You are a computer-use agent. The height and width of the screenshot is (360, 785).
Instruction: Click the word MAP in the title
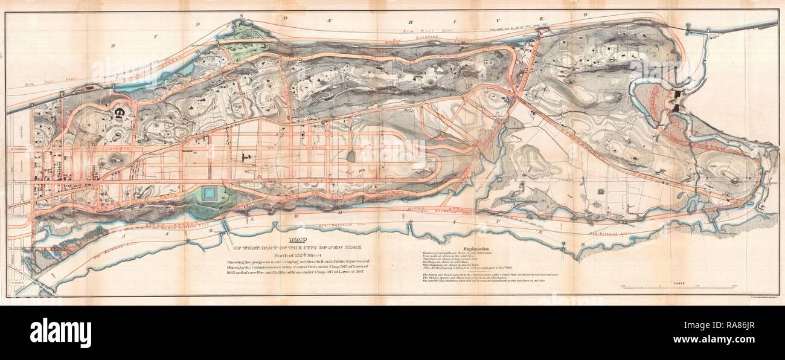tap(299, 238)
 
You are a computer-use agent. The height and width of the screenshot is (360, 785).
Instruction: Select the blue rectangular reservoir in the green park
tap(210, 193)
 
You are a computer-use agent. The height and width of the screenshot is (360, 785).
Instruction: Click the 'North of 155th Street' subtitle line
tap(299, 254)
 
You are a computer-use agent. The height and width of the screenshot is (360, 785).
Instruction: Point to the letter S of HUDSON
tap(223, 17)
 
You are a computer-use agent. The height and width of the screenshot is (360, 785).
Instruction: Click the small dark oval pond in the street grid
tap(351, 155)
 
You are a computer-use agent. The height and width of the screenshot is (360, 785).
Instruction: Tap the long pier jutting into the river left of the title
tap(225, 227)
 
